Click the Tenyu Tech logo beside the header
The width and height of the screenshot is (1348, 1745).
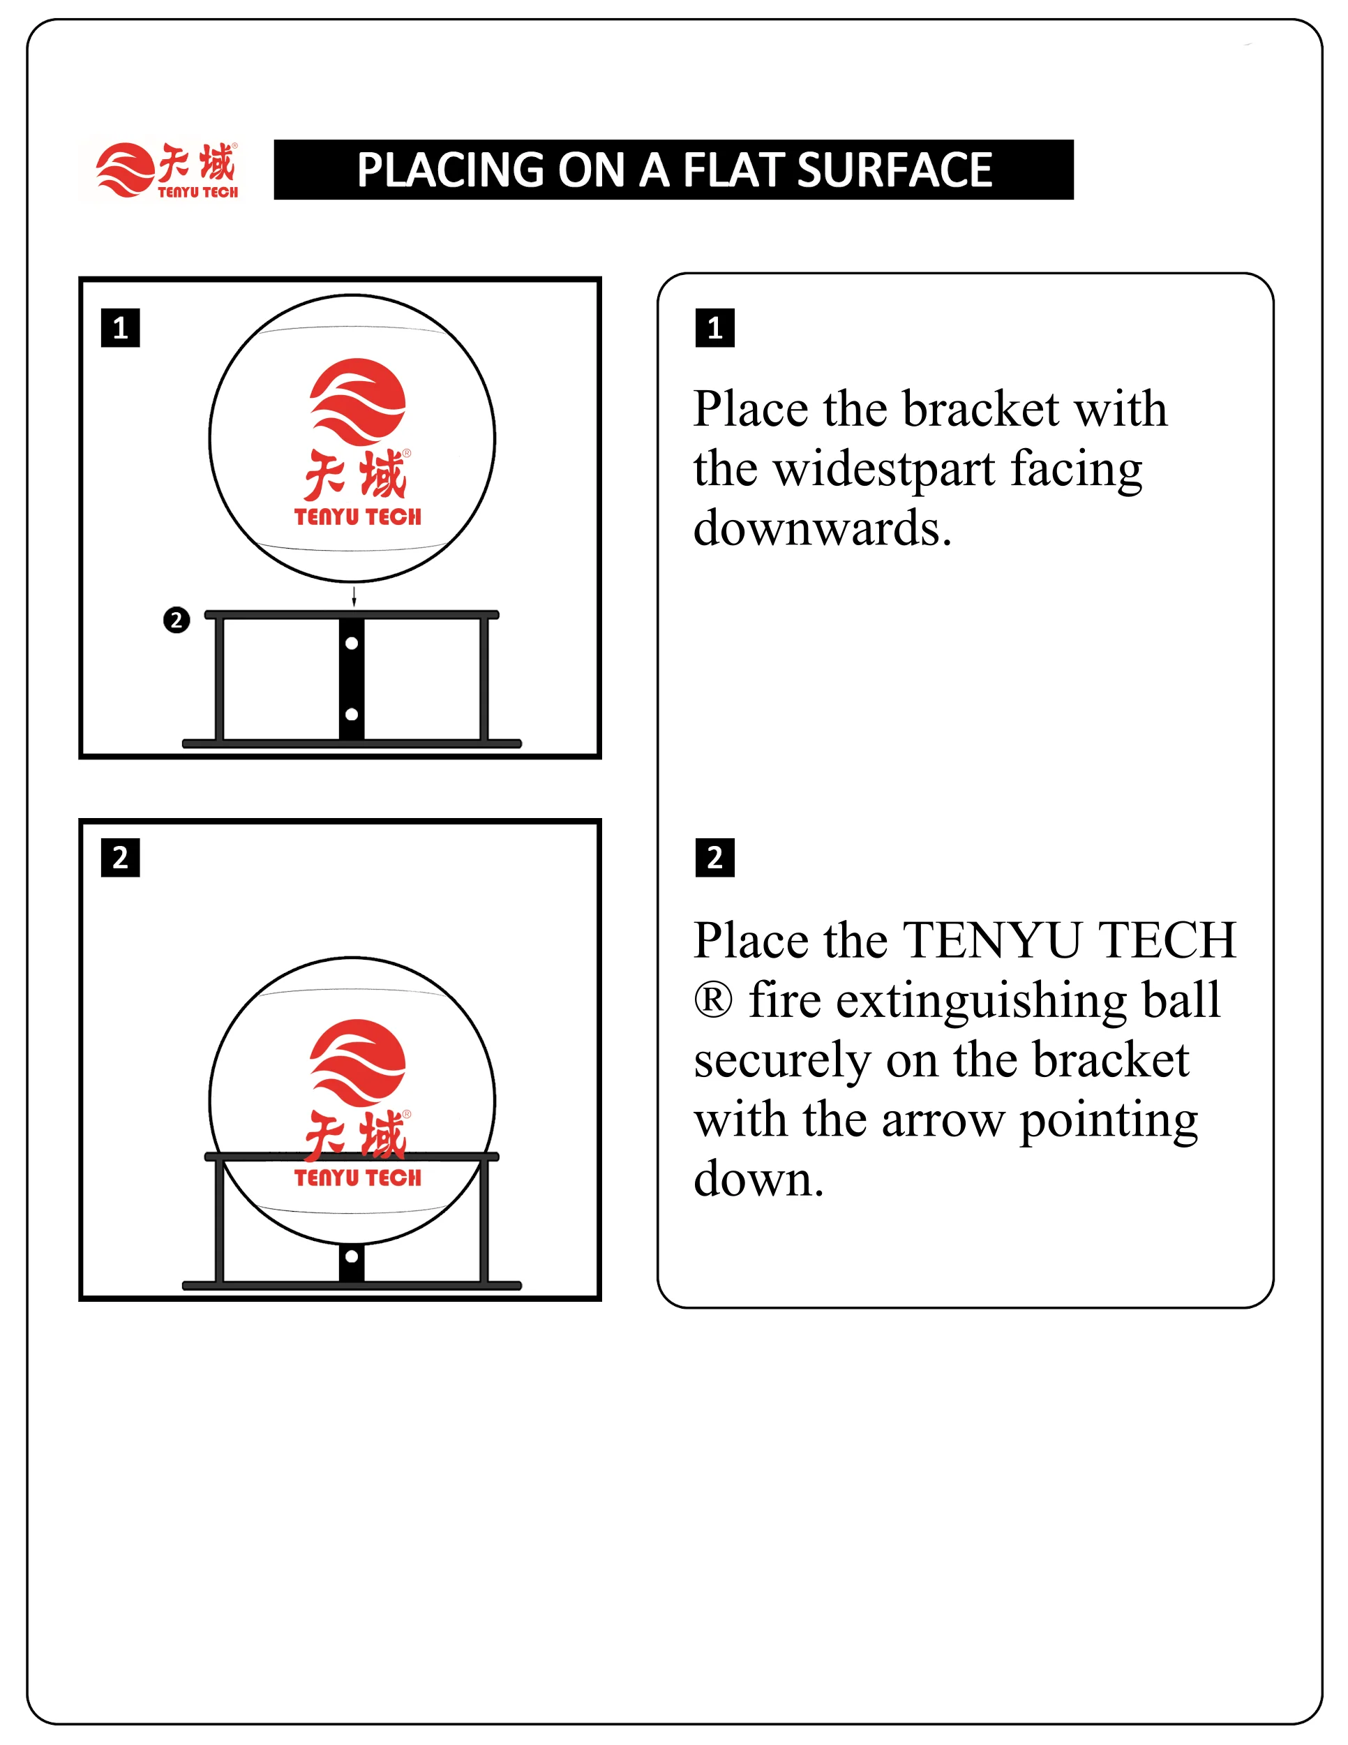point(167,170)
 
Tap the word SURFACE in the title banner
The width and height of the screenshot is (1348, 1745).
point(894,170)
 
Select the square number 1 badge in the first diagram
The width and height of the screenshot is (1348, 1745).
point(121,327)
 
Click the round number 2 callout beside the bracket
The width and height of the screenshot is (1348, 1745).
point(177,620)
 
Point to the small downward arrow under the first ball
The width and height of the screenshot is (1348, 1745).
point(354,595)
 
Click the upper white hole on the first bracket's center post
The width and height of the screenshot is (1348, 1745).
point(352,643)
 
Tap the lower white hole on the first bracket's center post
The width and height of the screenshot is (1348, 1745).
point(352,714)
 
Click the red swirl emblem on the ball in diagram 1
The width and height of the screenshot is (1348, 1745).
point(357,401)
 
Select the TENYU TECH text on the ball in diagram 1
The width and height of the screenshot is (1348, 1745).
point(357,517)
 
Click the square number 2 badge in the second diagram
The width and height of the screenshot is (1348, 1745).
point(121,857)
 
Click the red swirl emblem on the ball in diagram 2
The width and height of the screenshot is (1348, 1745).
point(357,1062)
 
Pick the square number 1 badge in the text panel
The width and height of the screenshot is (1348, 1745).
point(714,327)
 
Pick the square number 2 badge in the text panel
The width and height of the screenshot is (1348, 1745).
point(714,857)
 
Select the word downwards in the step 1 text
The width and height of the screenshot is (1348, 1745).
point(823,529)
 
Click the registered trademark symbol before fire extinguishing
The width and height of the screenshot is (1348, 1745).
point(712,1000)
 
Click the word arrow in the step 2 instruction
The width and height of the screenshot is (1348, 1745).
point(943,1120)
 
